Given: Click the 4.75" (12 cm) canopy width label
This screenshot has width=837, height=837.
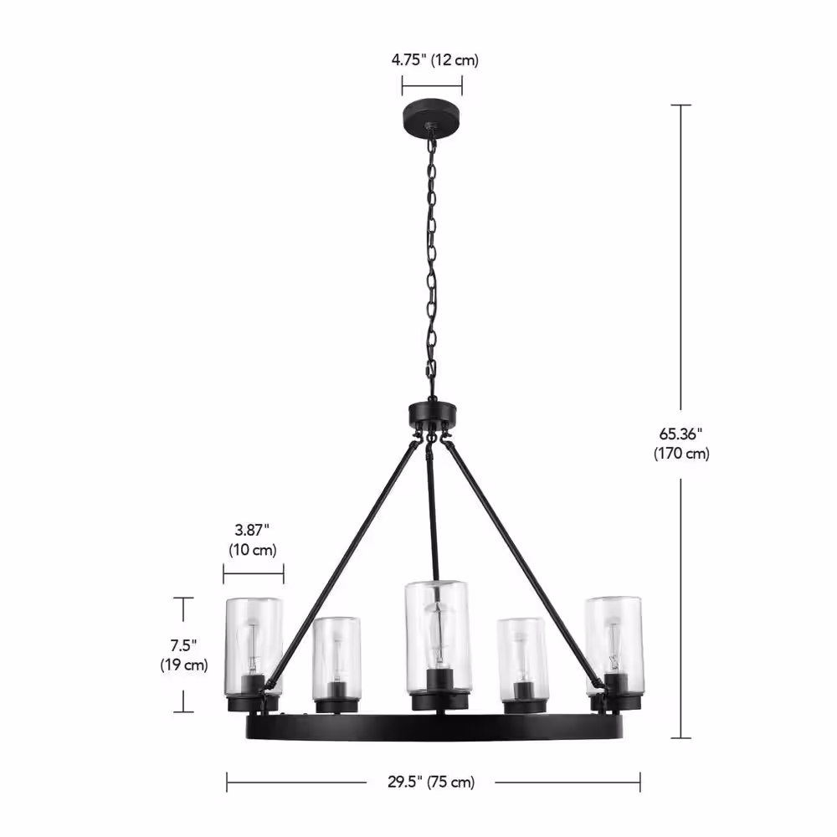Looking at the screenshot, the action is (x=434, y=59).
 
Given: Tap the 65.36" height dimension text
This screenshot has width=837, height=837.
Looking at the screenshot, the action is (x=680, y=434).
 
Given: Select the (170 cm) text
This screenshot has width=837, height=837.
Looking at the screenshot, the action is (x=681, y=454).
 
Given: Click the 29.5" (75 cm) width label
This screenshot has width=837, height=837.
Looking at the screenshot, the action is (x=431, y=782).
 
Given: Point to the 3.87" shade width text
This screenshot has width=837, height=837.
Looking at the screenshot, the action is (x=252, y=530).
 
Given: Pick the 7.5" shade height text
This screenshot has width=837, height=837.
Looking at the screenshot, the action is (x=183, y=645).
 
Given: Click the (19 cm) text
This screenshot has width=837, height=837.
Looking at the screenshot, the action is (x=183, y=665).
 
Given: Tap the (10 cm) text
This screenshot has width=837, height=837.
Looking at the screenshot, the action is (x=253, y=550).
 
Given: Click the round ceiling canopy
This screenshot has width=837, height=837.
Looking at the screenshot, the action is (x=433, y=113).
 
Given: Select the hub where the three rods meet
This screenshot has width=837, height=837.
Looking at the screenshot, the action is (x=433, y=414).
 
